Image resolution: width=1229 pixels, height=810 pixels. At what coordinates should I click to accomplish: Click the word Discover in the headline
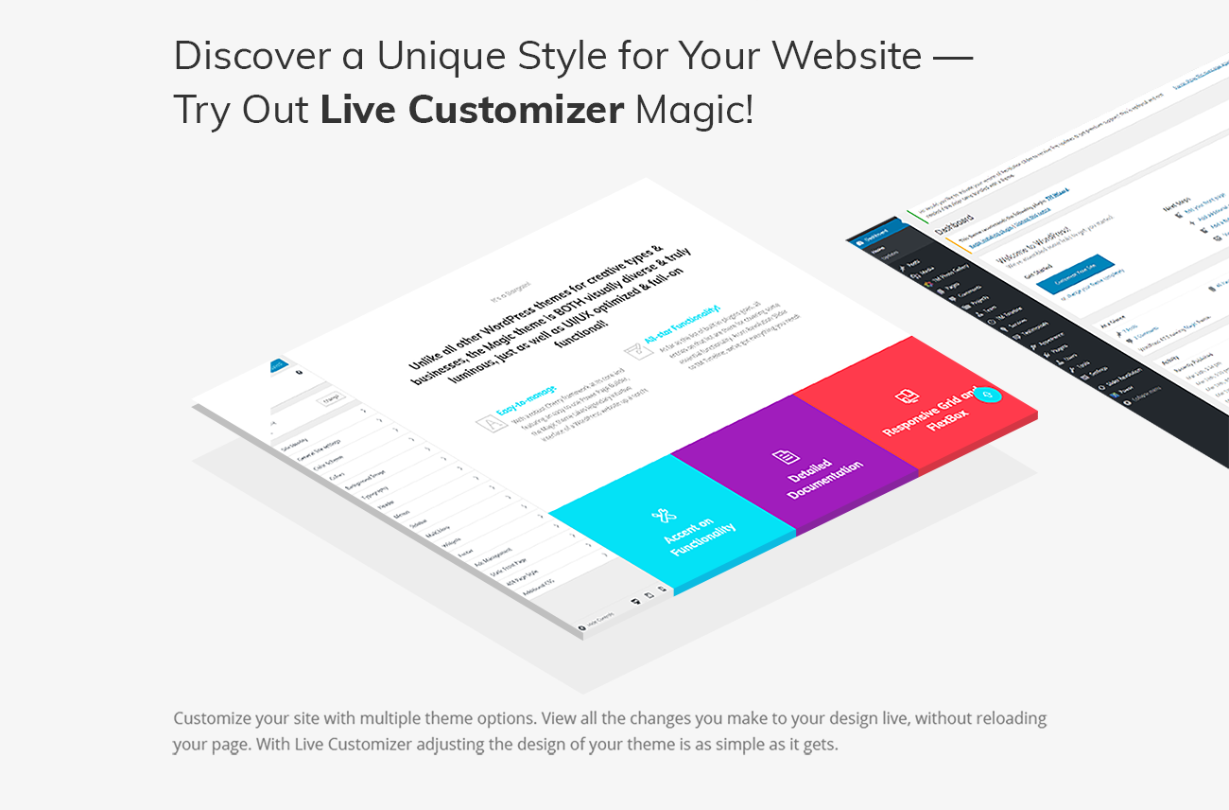[250, 57]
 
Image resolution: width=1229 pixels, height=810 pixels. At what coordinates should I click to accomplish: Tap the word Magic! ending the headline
[695, 111]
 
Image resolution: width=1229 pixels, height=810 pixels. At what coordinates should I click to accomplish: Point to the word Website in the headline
[846, 57]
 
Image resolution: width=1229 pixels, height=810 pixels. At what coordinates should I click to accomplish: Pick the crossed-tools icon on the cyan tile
[663, 515]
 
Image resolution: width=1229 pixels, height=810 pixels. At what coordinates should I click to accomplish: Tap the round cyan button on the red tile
[986, 395]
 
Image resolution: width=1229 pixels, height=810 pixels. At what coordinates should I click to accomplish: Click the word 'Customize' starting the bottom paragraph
[208, 718]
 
